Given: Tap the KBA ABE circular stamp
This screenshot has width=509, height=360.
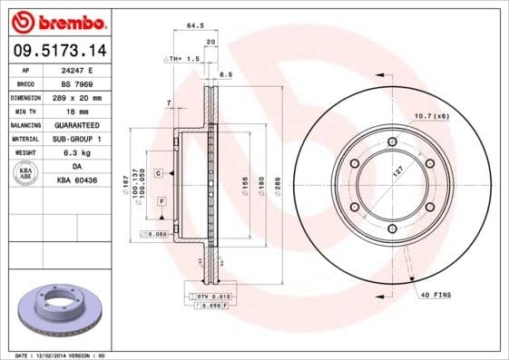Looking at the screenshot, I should coord(24,172).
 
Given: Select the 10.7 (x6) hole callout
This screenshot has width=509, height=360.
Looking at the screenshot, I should coord(432,115).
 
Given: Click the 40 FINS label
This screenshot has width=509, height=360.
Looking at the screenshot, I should coord(435,296).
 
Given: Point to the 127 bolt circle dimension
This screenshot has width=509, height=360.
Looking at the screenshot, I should coord(396,171).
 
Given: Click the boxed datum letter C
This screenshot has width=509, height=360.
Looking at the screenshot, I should coord(158,171).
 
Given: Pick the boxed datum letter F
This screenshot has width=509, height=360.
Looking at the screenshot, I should coord(162,199).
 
